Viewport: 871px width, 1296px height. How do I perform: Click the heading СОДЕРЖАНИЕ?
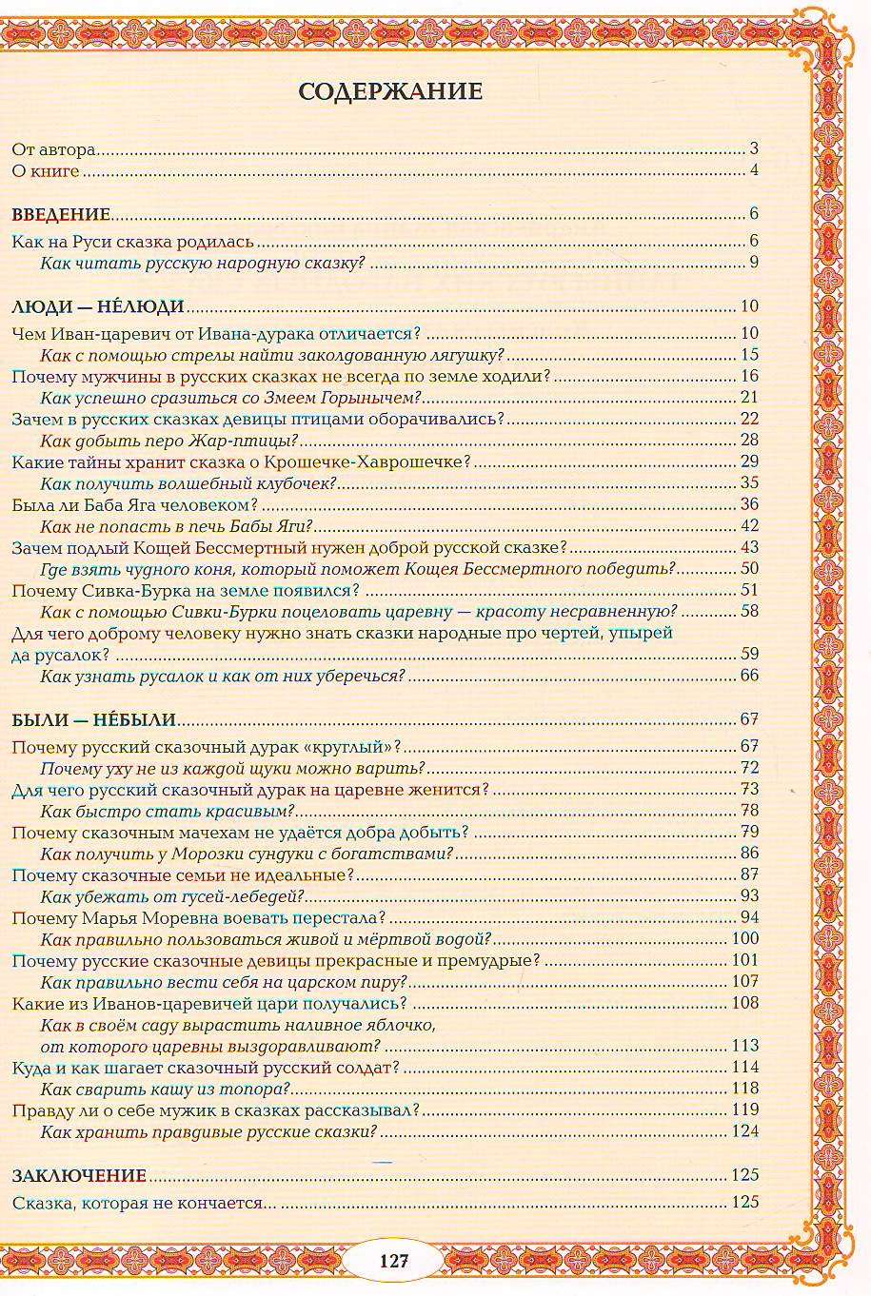(x=390, y=91)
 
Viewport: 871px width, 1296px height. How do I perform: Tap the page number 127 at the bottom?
(x=394, y=1261)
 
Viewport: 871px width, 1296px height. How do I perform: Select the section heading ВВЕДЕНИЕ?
(x=61, y=214)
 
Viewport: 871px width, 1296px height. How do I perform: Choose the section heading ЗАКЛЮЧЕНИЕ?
(x=79, y=1175)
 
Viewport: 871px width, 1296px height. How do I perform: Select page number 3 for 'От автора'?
(x=753, y=148)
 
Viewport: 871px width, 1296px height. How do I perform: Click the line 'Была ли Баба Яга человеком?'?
(x=134, y=504)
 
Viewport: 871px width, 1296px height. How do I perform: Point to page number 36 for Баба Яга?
(x=749, y=504)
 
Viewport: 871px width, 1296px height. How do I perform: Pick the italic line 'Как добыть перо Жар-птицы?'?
(x=169, y=440)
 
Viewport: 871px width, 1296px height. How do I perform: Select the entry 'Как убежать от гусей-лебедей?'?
(x=172, y=895)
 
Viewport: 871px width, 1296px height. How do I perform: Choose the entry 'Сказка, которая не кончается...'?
(x=145, y=1203)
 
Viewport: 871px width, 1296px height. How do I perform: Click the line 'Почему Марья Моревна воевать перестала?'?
(x=198, y=917)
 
